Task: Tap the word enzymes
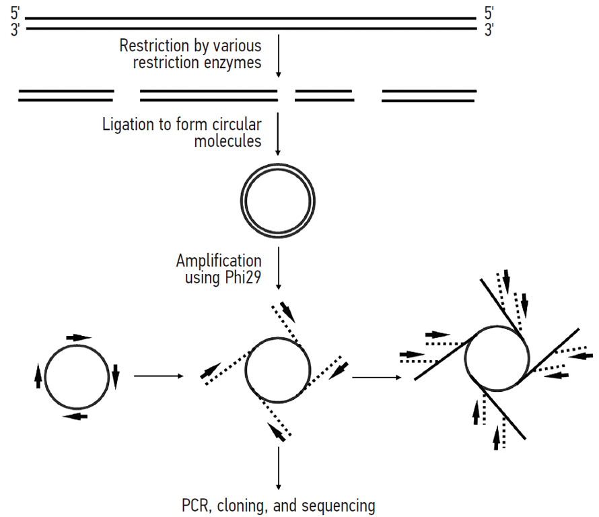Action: click(x=236, y=63)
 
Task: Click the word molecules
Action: click(x=227, y=141)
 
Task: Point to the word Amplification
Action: click(x=219, y=261)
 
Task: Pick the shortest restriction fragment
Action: click(x=324, y=95)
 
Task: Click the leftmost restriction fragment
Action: click(x=66, y=95)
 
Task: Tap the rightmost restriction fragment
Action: click(x=429, y=96)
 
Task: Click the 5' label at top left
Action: click(x=15, y=14)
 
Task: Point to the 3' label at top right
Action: click(x=489, y=30)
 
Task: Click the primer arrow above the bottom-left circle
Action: click(x=77, y=337)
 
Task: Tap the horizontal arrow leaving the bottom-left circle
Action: click(x=159, y=376)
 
